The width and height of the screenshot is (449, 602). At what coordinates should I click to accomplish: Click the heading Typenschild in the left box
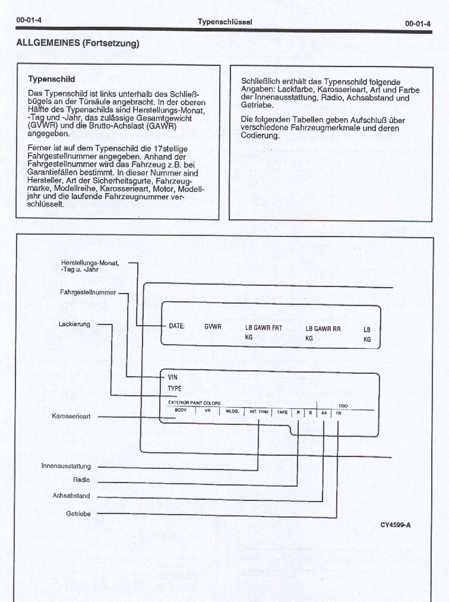coord(52,78)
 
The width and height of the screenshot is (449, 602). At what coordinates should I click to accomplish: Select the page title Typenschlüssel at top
coord(225,22)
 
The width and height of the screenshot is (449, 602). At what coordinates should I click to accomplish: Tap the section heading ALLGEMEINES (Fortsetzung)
coord(78,43)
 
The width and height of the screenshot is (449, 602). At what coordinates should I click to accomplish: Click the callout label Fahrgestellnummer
coord(88,292)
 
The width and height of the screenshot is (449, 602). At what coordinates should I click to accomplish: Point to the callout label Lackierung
coord(74,324)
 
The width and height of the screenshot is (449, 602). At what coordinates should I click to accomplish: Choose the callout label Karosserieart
coord(71,417)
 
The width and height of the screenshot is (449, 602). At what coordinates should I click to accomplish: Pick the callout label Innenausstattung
coord(66,466)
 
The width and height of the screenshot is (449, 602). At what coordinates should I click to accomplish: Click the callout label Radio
coord(81,480)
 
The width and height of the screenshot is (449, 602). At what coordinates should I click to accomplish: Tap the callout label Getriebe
coord(78,513)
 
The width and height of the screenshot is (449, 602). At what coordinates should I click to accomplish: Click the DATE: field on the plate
coord(177,326)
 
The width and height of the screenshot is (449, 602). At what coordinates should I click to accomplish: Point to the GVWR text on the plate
coord(213,327)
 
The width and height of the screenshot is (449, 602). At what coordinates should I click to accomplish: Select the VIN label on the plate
coord(173,377)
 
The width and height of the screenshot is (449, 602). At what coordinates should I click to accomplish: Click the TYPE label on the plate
coord(175,389)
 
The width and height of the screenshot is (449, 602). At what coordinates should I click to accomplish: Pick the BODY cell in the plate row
coord(181,411)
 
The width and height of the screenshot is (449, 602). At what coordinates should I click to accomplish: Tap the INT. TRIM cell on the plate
coord(258,411)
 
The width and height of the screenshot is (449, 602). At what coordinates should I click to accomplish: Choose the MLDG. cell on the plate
coord(232,411)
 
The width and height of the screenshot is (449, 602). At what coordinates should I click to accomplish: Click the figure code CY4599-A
coord(396,525)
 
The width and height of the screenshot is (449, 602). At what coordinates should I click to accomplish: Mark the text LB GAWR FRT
coord(264,327)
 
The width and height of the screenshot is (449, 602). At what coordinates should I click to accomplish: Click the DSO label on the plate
coord(343,405)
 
